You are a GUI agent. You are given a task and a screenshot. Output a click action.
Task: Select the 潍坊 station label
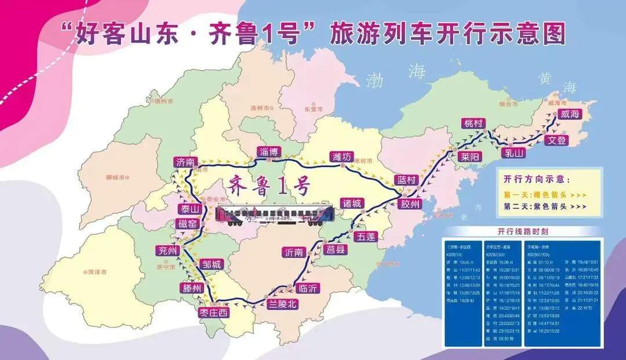(x=341, y=157)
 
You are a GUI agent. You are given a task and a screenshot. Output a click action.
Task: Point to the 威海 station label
(x=569, y=115)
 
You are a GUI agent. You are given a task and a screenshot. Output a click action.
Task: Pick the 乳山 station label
(x=514, y=153)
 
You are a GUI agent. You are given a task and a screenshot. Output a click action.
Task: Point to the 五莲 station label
(x=366, y=236)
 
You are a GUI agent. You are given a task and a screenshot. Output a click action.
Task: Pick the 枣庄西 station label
(x=212, y=312)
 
